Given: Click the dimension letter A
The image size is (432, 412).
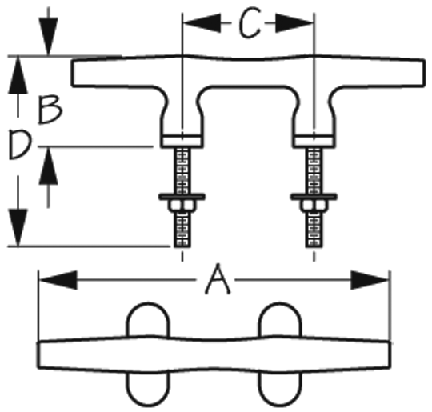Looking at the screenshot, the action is coord(218,279).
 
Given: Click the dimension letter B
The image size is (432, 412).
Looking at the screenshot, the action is coord(50,110).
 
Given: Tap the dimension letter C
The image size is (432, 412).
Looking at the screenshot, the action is coord(250,22).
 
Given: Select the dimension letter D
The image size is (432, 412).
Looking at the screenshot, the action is coord(20,145).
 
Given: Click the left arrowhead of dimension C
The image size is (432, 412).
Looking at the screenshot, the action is coord(202,23).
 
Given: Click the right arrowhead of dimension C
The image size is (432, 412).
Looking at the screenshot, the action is coord(294,23).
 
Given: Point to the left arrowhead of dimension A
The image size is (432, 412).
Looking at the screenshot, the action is coord(58,280).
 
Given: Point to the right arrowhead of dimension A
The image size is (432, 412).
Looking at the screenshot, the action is coord(370,280).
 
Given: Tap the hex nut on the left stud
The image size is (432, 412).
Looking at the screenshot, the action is coord(182,206).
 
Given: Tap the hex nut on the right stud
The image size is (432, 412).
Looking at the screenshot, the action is coord(314,206).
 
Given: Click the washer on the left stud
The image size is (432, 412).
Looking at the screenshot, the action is coord(182,197).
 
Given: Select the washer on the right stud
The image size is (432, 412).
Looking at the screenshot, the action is coord(314,197).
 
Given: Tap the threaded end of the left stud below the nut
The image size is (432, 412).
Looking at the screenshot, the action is coord(182,230).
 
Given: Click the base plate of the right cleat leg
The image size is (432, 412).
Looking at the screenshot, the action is coord(314,141).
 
